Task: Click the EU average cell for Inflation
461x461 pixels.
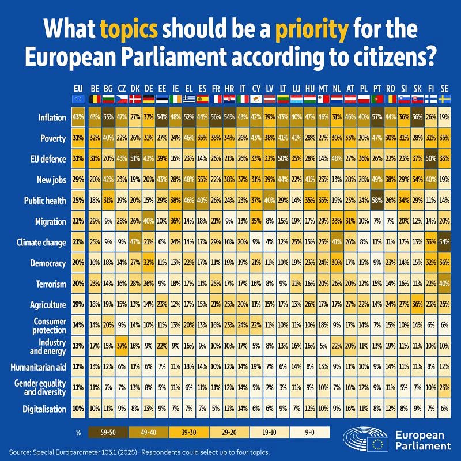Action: point(78,117)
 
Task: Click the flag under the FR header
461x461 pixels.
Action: point(215,99)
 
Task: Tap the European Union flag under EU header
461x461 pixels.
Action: point(78,99)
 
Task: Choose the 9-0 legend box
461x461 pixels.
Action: point(310,431)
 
